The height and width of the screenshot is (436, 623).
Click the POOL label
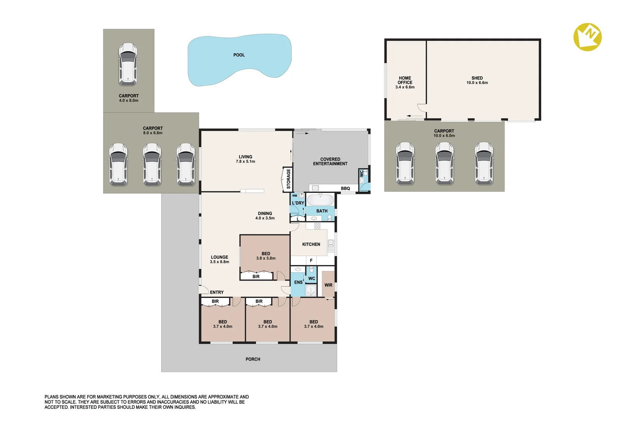coord(239,55)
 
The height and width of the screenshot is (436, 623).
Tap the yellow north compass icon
coord(588,37)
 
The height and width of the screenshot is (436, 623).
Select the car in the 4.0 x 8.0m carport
coord(128,64)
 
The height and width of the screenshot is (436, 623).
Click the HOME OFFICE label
coord(405,80)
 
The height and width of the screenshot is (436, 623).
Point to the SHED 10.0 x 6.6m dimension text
coord(477,82)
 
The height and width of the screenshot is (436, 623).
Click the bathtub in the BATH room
coord(320,200)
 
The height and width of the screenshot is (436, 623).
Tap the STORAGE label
coord(289,179)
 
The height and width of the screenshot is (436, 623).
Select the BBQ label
coord(345,188)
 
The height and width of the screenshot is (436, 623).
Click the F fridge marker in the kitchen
coord(311,260)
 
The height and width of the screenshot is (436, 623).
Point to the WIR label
coord(329,285)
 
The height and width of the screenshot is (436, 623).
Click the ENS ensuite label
coord(298,282)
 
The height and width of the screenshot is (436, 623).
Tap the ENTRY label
coord(216,292)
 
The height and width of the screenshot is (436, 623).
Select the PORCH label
coord(253,359)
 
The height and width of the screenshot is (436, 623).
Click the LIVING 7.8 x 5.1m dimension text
coord(245,161)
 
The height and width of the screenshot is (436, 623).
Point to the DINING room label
coord(265,214)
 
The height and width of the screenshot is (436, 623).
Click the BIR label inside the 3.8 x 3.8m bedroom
coord(256,277)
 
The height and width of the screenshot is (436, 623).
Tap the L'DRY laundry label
coord(298,203)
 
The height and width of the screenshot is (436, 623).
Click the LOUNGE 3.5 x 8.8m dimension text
coord(220,262)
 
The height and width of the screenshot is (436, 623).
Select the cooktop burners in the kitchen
coord(317,226)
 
